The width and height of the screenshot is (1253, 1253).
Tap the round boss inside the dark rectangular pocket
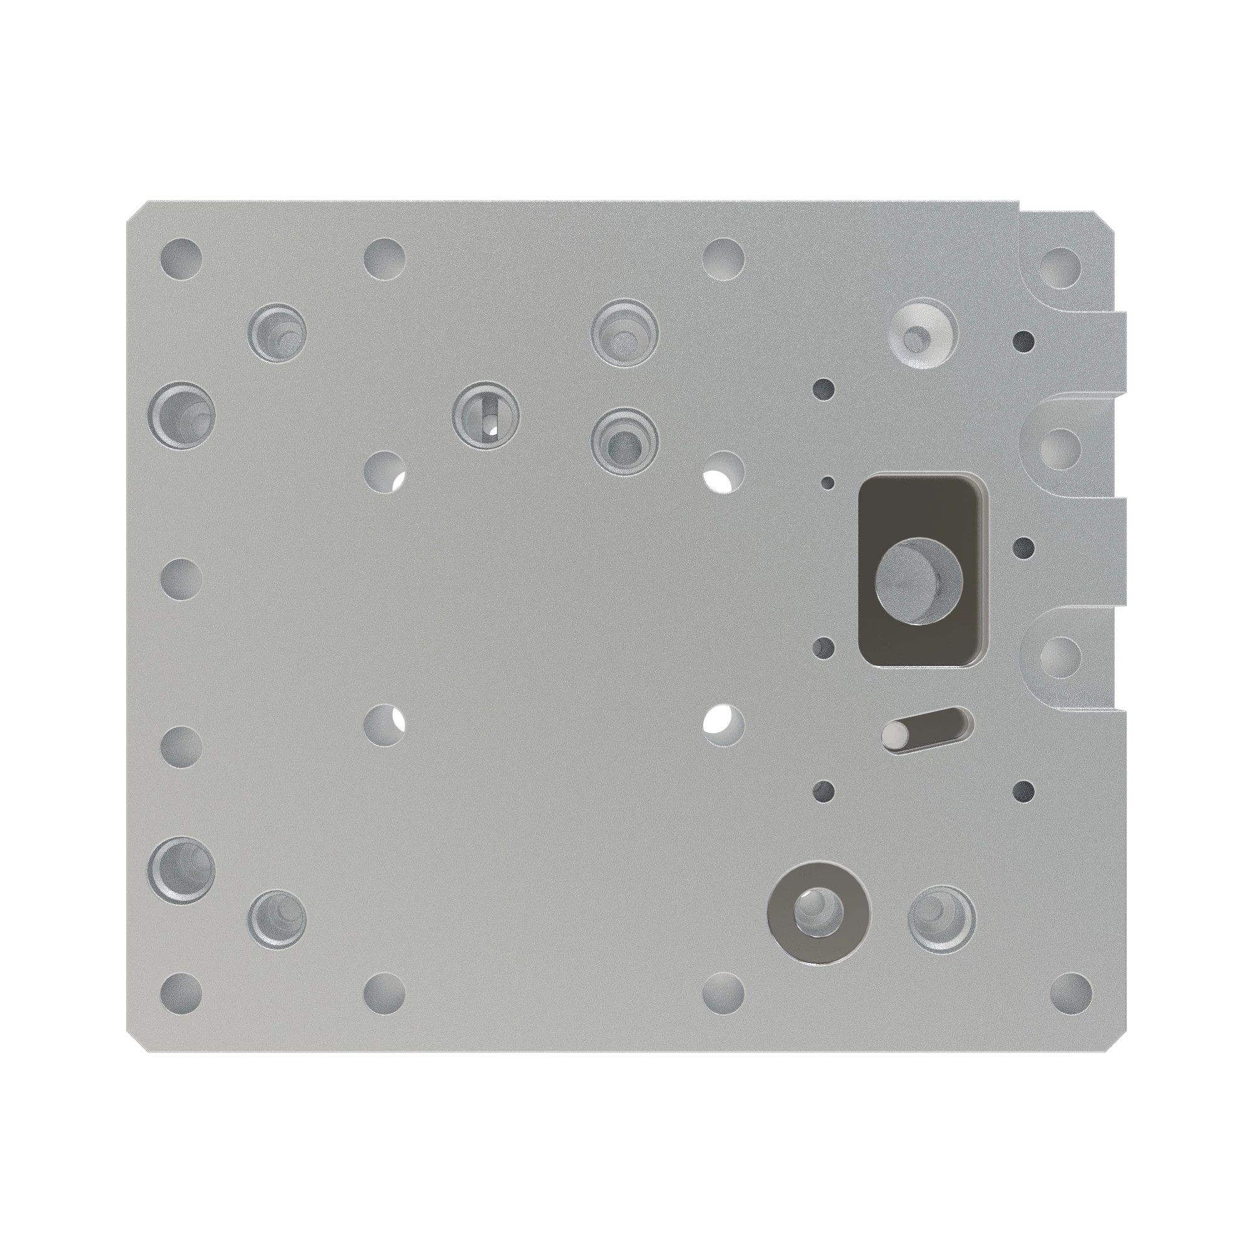coord(918,583)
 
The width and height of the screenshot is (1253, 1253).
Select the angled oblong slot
coord(928,729)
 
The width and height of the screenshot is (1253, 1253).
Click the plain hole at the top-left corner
coord(181,257)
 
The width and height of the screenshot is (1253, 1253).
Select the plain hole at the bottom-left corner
coord(181,992)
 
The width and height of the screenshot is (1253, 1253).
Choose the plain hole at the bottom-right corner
coord(1070,992)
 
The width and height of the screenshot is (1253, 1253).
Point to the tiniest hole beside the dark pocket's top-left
coord(828,482)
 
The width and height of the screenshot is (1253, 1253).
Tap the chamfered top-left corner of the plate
coord(136,211)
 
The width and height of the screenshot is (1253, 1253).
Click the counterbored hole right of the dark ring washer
coord(941,918)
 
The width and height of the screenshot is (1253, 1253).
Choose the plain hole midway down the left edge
coord(181,578)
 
